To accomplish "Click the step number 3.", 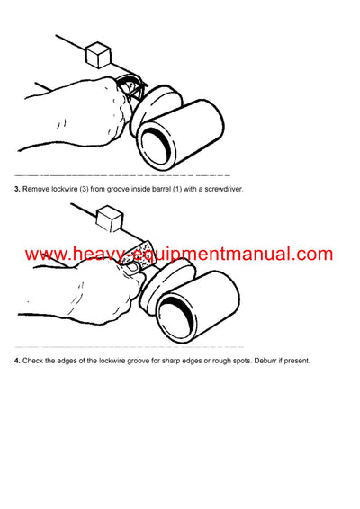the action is point(17,189).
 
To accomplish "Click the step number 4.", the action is point(17,361).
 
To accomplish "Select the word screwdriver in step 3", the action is point(223,189).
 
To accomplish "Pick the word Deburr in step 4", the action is point(265,361).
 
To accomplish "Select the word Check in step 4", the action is point(32,361).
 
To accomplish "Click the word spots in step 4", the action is point(242,361).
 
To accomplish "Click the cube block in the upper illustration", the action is point(98,55).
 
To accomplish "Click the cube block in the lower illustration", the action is point(111,219).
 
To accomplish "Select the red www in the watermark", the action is point(47,255).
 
